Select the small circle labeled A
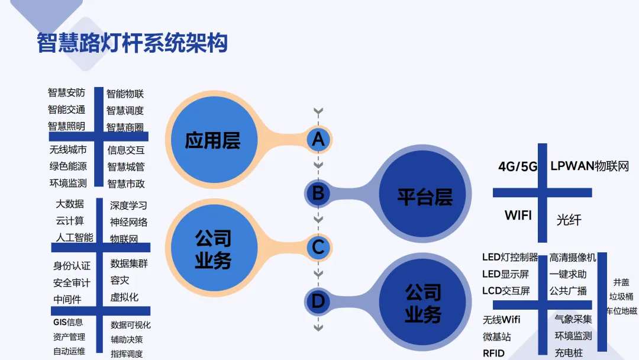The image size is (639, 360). pyautogui.click(x=318, y=140)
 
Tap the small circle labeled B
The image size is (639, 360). pyautogui.click(x=318, y=193)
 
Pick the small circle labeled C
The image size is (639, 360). pyautogui.click(x=318, y=247)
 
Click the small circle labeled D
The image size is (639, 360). pyautogui.click(x=318, y=301)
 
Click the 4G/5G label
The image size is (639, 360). pyautogui.click(x=518, y=167)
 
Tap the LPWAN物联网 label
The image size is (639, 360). pyautogui.click(x=589, y=166)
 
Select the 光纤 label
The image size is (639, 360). pyautogui.click(x=569, y=220)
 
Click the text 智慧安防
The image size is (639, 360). pyautogui.click(x=66, y=92)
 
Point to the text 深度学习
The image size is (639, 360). pyautogui.click(x=128, y=205)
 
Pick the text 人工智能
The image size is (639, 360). pyautogui.click(x=75, y=237)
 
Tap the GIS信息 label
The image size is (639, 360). pyautogui.click(x=68, y=322)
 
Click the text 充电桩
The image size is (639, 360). pyautogui.click(x=569, y=353)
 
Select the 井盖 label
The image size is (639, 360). pyautogui.click(x=621, y=282)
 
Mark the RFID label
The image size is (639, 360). pyautogui.click(x=494, y=353)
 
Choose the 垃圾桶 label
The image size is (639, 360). pyautogui.click(x=621, y=297)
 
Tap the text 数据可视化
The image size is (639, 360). pyautogui.click(x=131, y=325)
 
